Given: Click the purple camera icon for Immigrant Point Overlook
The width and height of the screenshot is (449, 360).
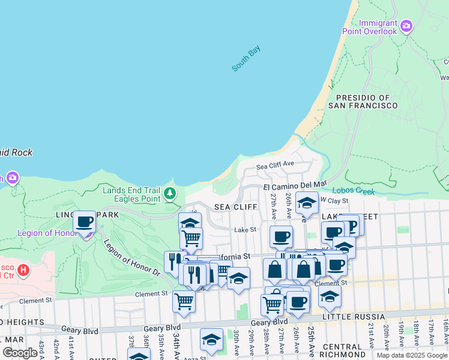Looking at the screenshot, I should (x=406, y=26).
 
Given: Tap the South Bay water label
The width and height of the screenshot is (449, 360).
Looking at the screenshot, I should (x=246, y=59).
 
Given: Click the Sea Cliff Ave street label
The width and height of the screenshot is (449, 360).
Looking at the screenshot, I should (x=275, y=164).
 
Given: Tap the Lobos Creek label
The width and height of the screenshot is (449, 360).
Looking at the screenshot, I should (x=353, y=191).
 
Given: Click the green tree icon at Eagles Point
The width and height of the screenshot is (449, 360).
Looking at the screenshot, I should (x=170, y=193).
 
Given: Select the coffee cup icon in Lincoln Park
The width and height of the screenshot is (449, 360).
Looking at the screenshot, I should (x=85, y=223).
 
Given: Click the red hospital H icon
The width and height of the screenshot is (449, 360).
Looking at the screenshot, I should (x=23, y=270).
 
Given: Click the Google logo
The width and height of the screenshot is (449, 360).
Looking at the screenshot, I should (x=20, y=353).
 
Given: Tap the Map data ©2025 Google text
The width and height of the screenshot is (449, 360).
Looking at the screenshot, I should (x=412, y=355).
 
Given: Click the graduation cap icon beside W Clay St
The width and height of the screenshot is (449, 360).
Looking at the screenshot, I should (x=307, y=203).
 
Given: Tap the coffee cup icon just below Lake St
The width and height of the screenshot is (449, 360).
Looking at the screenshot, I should (x=280, y=236).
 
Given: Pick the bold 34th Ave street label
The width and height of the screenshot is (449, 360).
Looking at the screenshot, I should (x=177, y=346).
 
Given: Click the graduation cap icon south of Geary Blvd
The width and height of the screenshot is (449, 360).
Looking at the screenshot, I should (x=211, y=340).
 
